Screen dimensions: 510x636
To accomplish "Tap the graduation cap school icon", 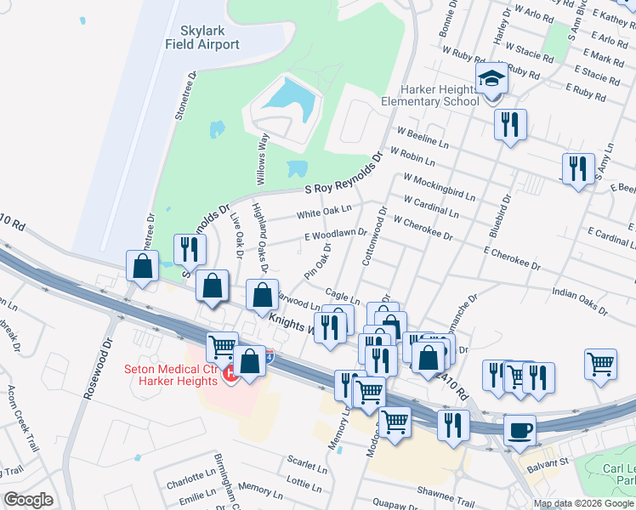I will pos(491,79).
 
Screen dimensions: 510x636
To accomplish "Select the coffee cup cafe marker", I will pos(520,429).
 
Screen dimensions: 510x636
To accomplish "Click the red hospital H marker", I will pos(230,373).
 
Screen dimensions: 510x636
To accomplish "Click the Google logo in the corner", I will pos(28,500).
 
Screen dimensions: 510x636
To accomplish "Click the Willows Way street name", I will pos(262,158).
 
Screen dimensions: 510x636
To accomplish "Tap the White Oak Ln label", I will pos(323,212).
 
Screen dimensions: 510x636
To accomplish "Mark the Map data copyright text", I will pos(583,503).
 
